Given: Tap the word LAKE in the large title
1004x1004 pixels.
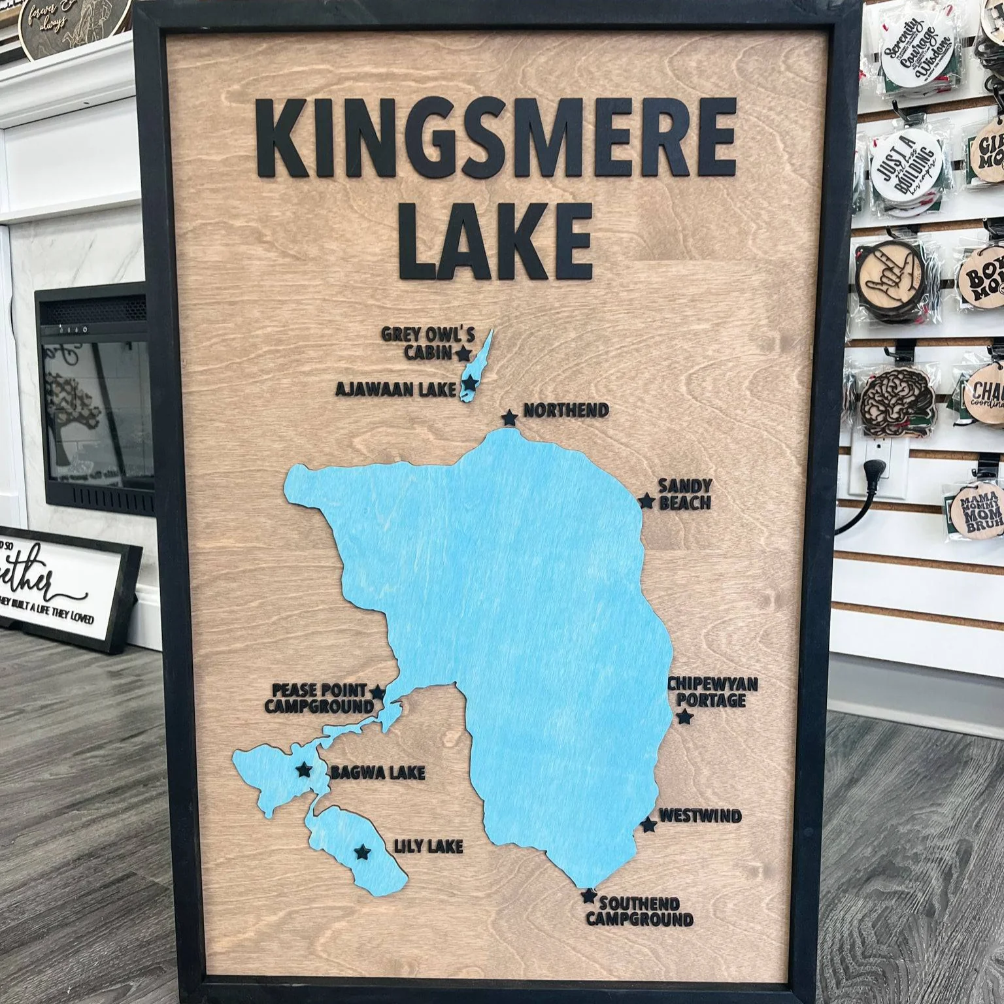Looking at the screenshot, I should pyautogui.click(x=495, y=241).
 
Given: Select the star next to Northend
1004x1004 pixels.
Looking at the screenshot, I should pyautogui.click(x=509, y=417).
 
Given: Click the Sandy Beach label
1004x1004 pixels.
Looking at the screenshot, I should pyautogui.click(x=684, y=494).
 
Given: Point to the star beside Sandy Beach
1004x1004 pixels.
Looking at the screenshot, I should pyautogui.click(x=646, y=501).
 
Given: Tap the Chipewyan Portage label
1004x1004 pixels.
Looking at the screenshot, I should pyautogui.click(x=712, y=692).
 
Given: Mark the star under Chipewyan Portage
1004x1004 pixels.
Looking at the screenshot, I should pyautogui.click(x=684, y=718).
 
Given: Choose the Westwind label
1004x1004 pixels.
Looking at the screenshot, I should pyautogui.click(x=699, y=816).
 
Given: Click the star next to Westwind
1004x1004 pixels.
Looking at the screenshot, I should pyautogui.click(x=648, y=825).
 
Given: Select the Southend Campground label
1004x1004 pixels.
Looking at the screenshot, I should pyautogui.click(x=639, y=911).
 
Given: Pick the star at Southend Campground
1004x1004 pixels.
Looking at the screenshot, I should pyautogui.click(x=589, y=896).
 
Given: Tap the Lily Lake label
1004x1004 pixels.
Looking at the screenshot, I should pyautogui.click(x=428, y=847).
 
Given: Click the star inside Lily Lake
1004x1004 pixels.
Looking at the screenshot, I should pyautogui.click(x=361, y=852).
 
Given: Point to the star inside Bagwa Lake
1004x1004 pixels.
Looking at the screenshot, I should pyautogui.click(x=304, y=770).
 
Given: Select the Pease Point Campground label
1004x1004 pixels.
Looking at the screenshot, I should pyautogui.click(x=318, y=698).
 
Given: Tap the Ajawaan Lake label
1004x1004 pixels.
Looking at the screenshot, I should pyautogui.click(x=395, y=390).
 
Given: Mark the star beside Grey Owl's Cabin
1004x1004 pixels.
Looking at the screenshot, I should pyautogui.click(x=463, y=354).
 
